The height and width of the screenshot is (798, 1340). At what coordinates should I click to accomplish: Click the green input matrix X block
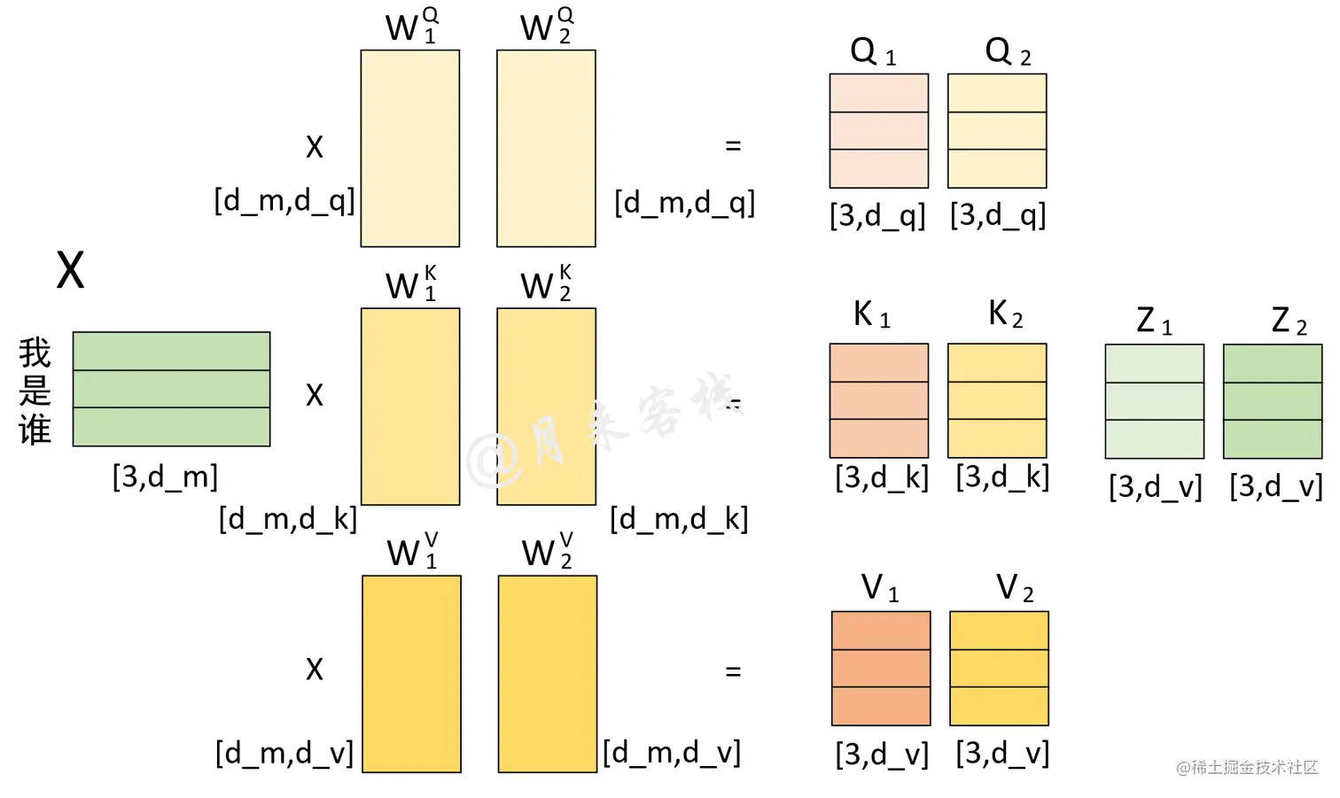click(x=171, y=389)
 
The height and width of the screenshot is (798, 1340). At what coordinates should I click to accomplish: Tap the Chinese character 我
click(x=35, y=353)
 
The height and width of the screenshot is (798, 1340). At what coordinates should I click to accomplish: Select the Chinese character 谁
click(x=35, y=430)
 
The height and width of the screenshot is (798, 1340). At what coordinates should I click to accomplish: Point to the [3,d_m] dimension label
click(x=165, y=477)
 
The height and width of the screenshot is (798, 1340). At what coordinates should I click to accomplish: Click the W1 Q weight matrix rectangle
click(x=409, y=148)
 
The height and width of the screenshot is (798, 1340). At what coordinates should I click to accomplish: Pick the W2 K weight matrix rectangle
click(x=546, y=407)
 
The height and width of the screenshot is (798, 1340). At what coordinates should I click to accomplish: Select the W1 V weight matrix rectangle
click(x=411, y=674)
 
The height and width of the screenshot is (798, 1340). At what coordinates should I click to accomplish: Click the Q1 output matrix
click(x=878, y=131)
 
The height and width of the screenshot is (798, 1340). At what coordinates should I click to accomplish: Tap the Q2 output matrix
click(x=997, y=131)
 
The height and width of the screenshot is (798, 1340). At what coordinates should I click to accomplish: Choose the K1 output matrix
click(x=878, y=400)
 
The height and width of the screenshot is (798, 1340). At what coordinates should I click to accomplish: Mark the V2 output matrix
click(x=999, y=669)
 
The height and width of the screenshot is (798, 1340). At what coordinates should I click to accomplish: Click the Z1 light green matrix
click(x=1154, y=401)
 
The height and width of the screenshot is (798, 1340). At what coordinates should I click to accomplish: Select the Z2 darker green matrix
click(x=1273, y=401)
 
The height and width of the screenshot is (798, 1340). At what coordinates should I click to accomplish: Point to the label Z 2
click(x=1289, y=321)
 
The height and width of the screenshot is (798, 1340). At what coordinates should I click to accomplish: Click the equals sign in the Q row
click(x=733, y=146)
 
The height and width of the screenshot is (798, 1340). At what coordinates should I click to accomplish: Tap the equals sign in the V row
click(x=733, y=672)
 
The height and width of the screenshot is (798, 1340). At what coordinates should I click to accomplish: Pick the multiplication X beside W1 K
click(x=315, y=395)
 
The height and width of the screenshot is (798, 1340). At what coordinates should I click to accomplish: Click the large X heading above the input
click(x=71, y=270)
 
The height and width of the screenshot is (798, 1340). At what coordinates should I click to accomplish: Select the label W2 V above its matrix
click(x=547, y=552)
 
